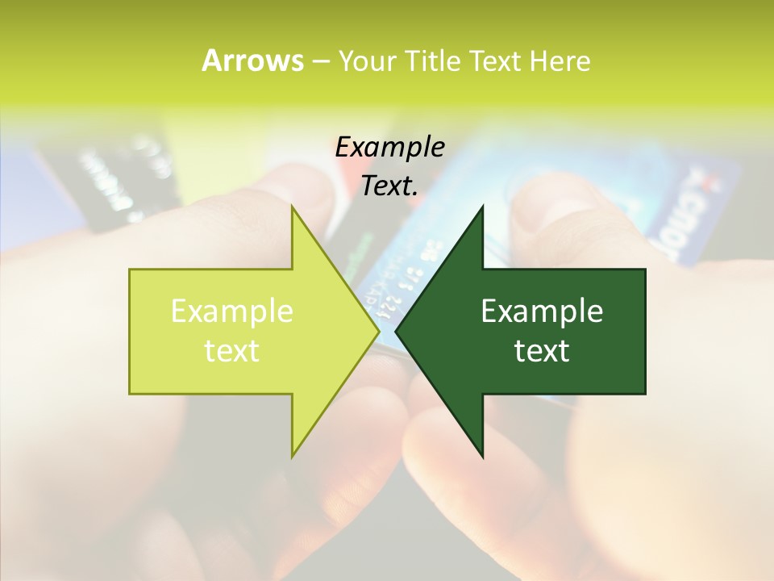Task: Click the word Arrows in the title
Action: click(252, 61)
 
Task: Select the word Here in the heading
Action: click(560, 61)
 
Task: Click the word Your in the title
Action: click(367, 61)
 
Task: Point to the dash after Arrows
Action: click(320, 61)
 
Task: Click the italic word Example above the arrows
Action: click(389, 147)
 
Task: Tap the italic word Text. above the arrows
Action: click(389, 186)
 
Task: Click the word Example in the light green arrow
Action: click(231, 311)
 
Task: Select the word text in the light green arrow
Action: click(231, 350)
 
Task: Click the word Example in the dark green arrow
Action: click(542, 311)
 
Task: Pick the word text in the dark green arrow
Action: click(542, 350)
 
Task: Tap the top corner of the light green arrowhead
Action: click(293, 207)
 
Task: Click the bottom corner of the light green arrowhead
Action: click(293, 456)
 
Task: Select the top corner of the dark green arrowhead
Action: click(482, 207)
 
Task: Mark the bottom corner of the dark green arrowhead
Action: click(482, 456)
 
